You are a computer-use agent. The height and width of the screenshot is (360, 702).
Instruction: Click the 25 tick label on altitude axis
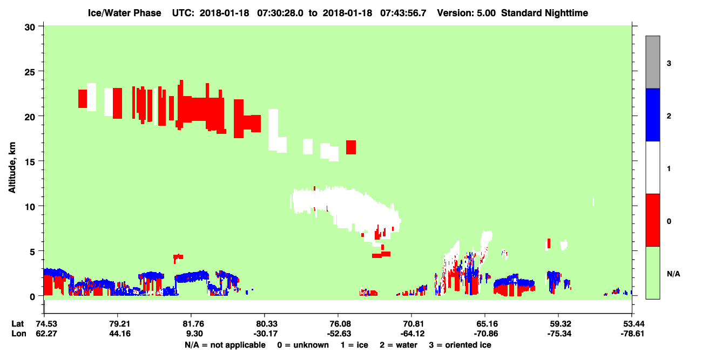coord(30,72)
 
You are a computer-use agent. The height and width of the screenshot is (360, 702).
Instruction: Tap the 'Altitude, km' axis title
coord(12,167)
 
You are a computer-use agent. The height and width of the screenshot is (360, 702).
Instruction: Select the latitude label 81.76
coord(193,324)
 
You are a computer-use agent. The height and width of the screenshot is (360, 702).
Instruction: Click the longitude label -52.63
coord(339,334)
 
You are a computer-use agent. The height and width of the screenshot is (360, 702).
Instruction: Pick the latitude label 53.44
coord(632,324)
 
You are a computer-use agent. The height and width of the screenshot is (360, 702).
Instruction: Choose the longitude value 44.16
coord(120,334)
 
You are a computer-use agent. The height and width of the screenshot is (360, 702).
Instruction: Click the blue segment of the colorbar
coord(652,114)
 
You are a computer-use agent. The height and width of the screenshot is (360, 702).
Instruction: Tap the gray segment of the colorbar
coord(652,62)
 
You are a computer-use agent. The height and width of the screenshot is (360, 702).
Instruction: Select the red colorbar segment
coord(652,220)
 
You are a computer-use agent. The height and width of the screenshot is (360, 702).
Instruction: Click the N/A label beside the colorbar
coord(673,274)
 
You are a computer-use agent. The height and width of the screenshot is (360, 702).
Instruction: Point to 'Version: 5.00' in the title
coord(467,13)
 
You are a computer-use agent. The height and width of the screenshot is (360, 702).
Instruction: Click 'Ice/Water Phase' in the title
coord(124,13)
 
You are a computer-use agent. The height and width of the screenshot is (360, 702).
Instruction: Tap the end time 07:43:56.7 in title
coord(403,13)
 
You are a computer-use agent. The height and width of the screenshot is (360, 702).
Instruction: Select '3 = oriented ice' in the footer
coord(460,345)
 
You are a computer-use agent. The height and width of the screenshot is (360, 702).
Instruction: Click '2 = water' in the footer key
coord(399,345)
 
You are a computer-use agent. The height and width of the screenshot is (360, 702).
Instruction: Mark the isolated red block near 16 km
coord(351,147)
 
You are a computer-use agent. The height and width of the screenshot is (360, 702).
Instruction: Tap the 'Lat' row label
coord(17,324)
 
